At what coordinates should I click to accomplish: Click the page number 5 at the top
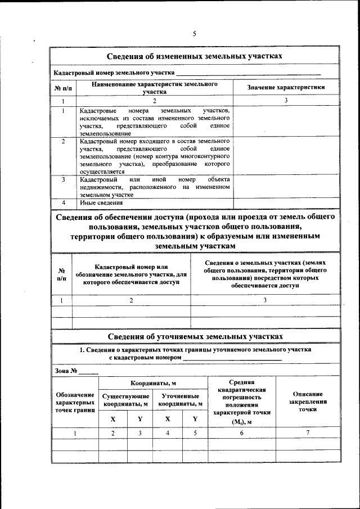(x=194, y=34)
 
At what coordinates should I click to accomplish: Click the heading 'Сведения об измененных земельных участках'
(x=195, y=57)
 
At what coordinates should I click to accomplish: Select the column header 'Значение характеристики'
(x=286, y=87)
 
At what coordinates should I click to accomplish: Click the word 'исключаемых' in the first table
(x=100, y=119)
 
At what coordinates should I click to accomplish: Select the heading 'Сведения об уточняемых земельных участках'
(x=195, y=336)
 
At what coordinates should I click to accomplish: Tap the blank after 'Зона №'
(x=89, y=371)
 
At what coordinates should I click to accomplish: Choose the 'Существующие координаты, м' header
(x=125, y=400)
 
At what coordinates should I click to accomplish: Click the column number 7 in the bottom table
(x=308, y=433)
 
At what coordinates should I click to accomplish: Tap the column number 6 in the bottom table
(x=241, y=433)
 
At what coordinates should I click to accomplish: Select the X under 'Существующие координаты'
(x=112, y=419)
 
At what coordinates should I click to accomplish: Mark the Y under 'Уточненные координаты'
(x=195, y=419)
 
